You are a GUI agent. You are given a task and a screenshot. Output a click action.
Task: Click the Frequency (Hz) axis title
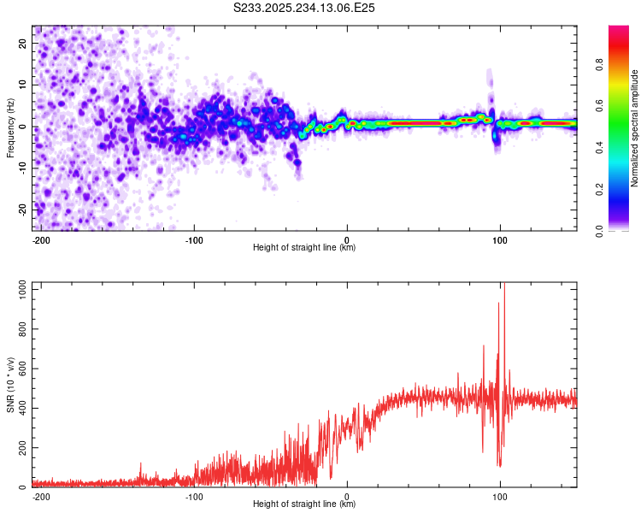click(10, 127)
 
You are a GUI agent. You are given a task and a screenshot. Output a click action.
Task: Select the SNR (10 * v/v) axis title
click(10, 385)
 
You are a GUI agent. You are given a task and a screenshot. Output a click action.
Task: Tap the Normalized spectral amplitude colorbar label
click(635, 127)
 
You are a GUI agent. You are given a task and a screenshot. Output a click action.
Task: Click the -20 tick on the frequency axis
click(22, 209)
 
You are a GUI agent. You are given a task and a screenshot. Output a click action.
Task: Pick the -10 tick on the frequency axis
click(22, 168)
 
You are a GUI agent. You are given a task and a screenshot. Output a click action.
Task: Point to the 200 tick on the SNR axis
click(21, 448)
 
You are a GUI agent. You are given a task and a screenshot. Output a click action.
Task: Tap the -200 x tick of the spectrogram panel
click(39, 239)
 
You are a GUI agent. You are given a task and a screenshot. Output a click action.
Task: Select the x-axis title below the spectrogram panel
click(304, 248)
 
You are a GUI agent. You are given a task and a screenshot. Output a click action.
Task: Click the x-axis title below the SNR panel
click(304, 504)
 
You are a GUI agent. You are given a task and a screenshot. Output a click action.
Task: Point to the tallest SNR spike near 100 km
click(504, 286)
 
